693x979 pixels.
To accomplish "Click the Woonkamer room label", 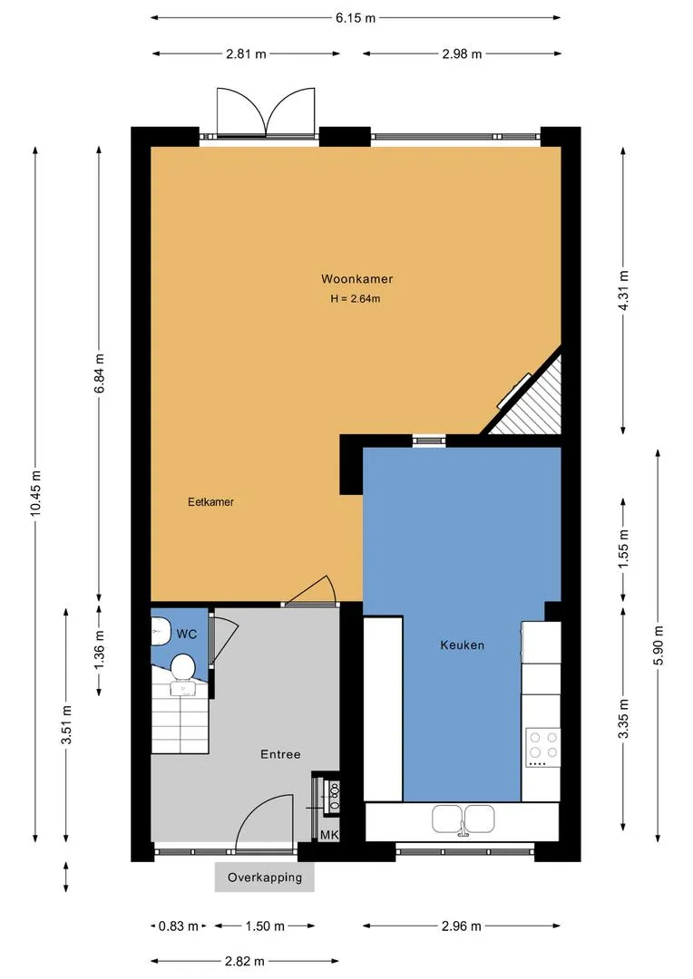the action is pyautogui.click(x=356, y=279).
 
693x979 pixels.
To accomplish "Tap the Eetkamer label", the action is pyautogui.click(x=210, y=502).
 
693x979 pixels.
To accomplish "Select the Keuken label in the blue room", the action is pyautogui.click(x=462, y=645).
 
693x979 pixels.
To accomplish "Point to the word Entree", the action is pyautogui.click(x=280, y=754).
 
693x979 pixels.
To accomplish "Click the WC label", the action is pyautogui.click(x=186, y=635).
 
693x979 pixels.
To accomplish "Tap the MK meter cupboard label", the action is pyautogui.click(x=328, y=835).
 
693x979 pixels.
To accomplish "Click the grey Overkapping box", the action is pyautogui.click(x=264, y=877).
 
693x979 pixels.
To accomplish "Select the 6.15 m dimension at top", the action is pyautogui.click(x=356, y=17).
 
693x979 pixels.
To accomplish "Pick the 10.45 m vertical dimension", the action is pyautogui.click(x=35, y=493).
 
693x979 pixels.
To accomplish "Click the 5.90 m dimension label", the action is pyautogui.click(x=658, y=645).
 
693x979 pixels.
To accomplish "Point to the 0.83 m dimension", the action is pyautogui.click(x=178, y=926).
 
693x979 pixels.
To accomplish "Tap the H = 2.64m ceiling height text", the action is pyautogui.click(x=356, y=299).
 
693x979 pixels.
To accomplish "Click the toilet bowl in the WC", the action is pyautogui.click(x=182, y=666).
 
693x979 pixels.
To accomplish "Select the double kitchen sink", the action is pyautogui.click(x=463, y=819).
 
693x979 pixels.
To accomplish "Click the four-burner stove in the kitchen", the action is pyautogui.click(x=542, y=747).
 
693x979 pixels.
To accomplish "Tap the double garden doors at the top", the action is pyautogui.click(x=266, y=111).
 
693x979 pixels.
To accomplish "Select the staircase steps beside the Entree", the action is pyautogui.click(x=180, y=718).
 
